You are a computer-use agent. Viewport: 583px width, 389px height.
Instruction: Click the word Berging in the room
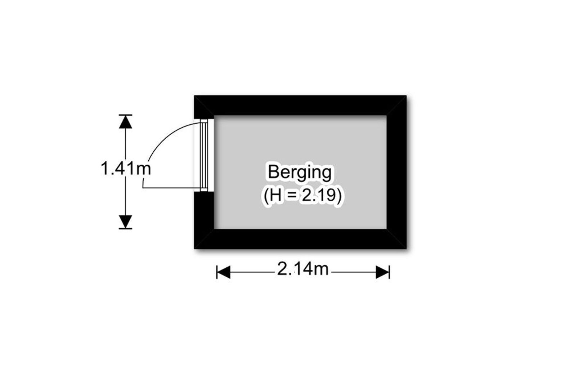(300, 173)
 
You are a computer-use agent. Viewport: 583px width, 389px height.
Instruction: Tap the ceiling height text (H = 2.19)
(302, 197)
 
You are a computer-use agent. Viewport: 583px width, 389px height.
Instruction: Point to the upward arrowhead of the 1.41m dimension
(125, 122)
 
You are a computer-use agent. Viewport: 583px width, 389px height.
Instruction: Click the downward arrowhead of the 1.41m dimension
(125, 221)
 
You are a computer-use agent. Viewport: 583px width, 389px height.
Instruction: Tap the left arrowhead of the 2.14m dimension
(223, 272)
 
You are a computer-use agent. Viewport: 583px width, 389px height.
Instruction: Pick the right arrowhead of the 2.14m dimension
(382, 272)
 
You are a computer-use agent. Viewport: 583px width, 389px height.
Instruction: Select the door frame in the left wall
(204, 156)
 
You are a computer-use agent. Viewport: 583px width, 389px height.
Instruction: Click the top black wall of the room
(300, 105)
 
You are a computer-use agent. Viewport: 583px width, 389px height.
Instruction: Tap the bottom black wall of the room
(300, 239)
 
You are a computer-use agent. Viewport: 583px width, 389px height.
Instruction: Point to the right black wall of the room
(396, 172)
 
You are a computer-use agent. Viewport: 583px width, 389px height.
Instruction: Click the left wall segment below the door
(204, 220)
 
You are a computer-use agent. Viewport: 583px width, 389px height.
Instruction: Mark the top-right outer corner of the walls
(406, 96)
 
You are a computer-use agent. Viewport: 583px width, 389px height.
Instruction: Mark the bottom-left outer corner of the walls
(195, 248)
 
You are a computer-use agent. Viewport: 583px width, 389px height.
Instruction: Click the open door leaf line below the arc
(171, 188)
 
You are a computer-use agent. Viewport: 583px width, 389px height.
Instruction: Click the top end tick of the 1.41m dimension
(125, 115)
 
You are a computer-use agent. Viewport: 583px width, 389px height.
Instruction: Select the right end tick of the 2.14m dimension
(389, 272)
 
